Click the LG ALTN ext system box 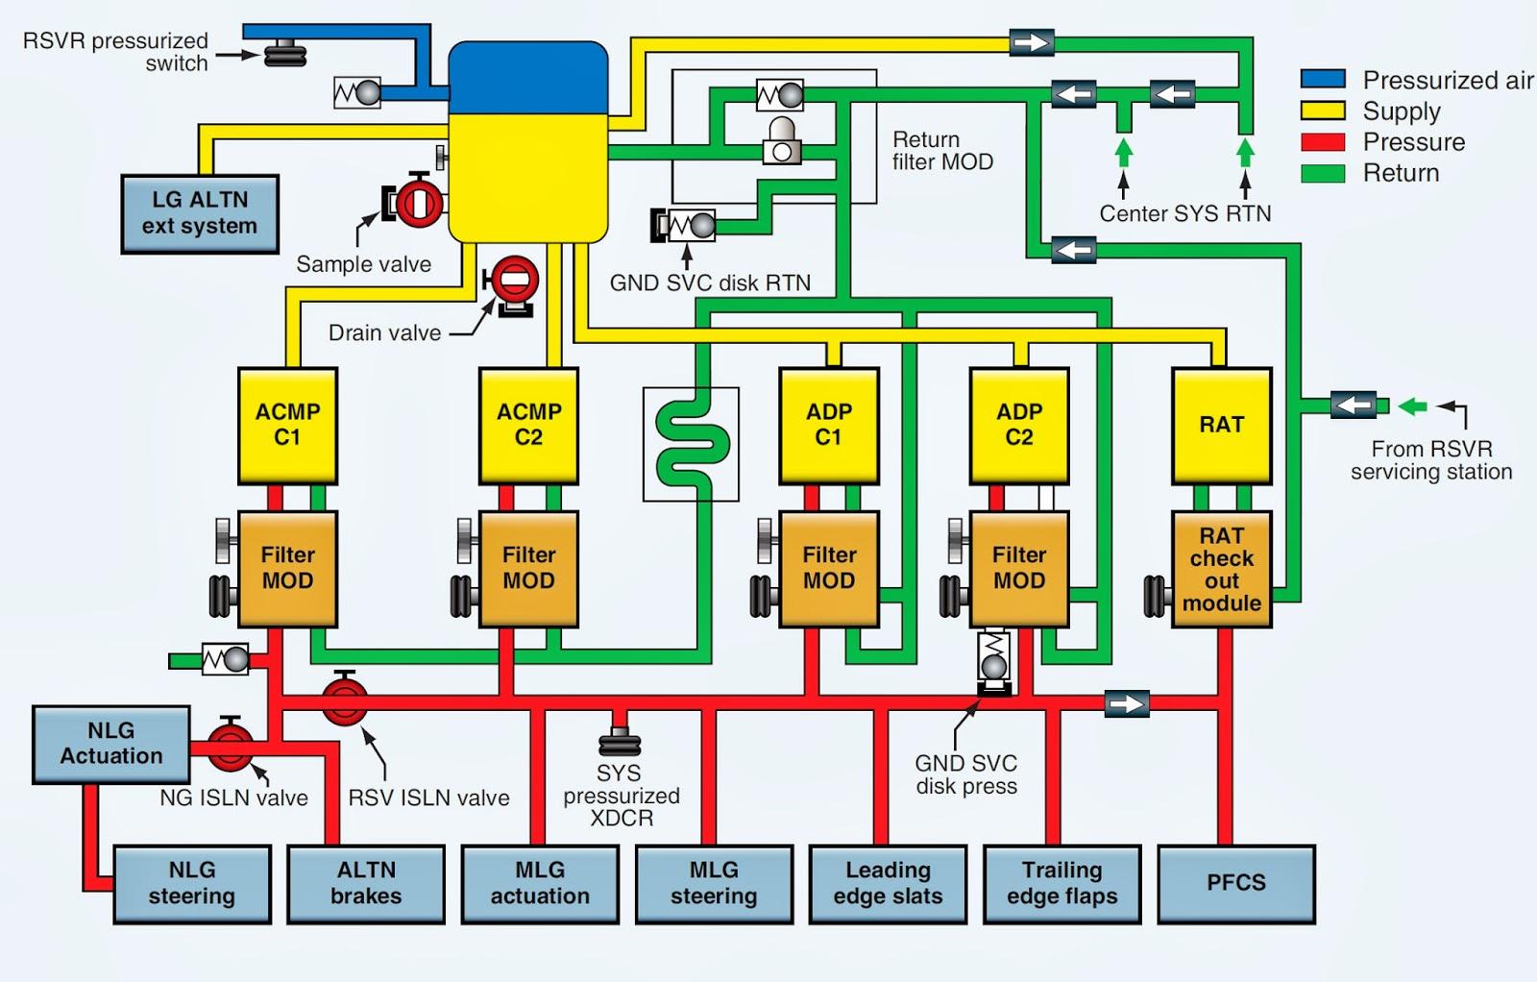(x=200, y=213)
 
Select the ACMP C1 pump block (x=287, y=425)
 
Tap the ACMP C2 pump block (x=528, y=425)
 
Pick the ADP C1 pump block (x=828, y=425)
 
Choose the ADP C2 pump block (x=1019, y=425)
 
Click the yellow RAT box (x=1221, y=425)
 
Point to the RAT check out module (x=1221, y=569)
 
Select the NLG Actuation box (x=111, y=744)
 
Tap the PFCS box (x=1235, y=883)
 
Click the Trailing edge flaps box (x=1061, y=883)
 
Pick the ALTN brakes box (x=366, y=883)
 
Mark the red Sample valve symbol (x=417, y=202)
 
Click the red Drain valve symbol (x=514, y=280)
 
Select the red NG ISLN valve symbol (x=231, y=746)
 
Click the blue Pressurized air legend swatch (x=1323, y=80)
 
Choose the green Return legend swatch (x=1323, y=173)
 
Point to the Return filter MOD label (x=941, y=151)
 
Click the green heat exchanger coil (x=691, y=445)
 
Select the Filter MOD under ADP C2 (x=1019, y=569)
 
